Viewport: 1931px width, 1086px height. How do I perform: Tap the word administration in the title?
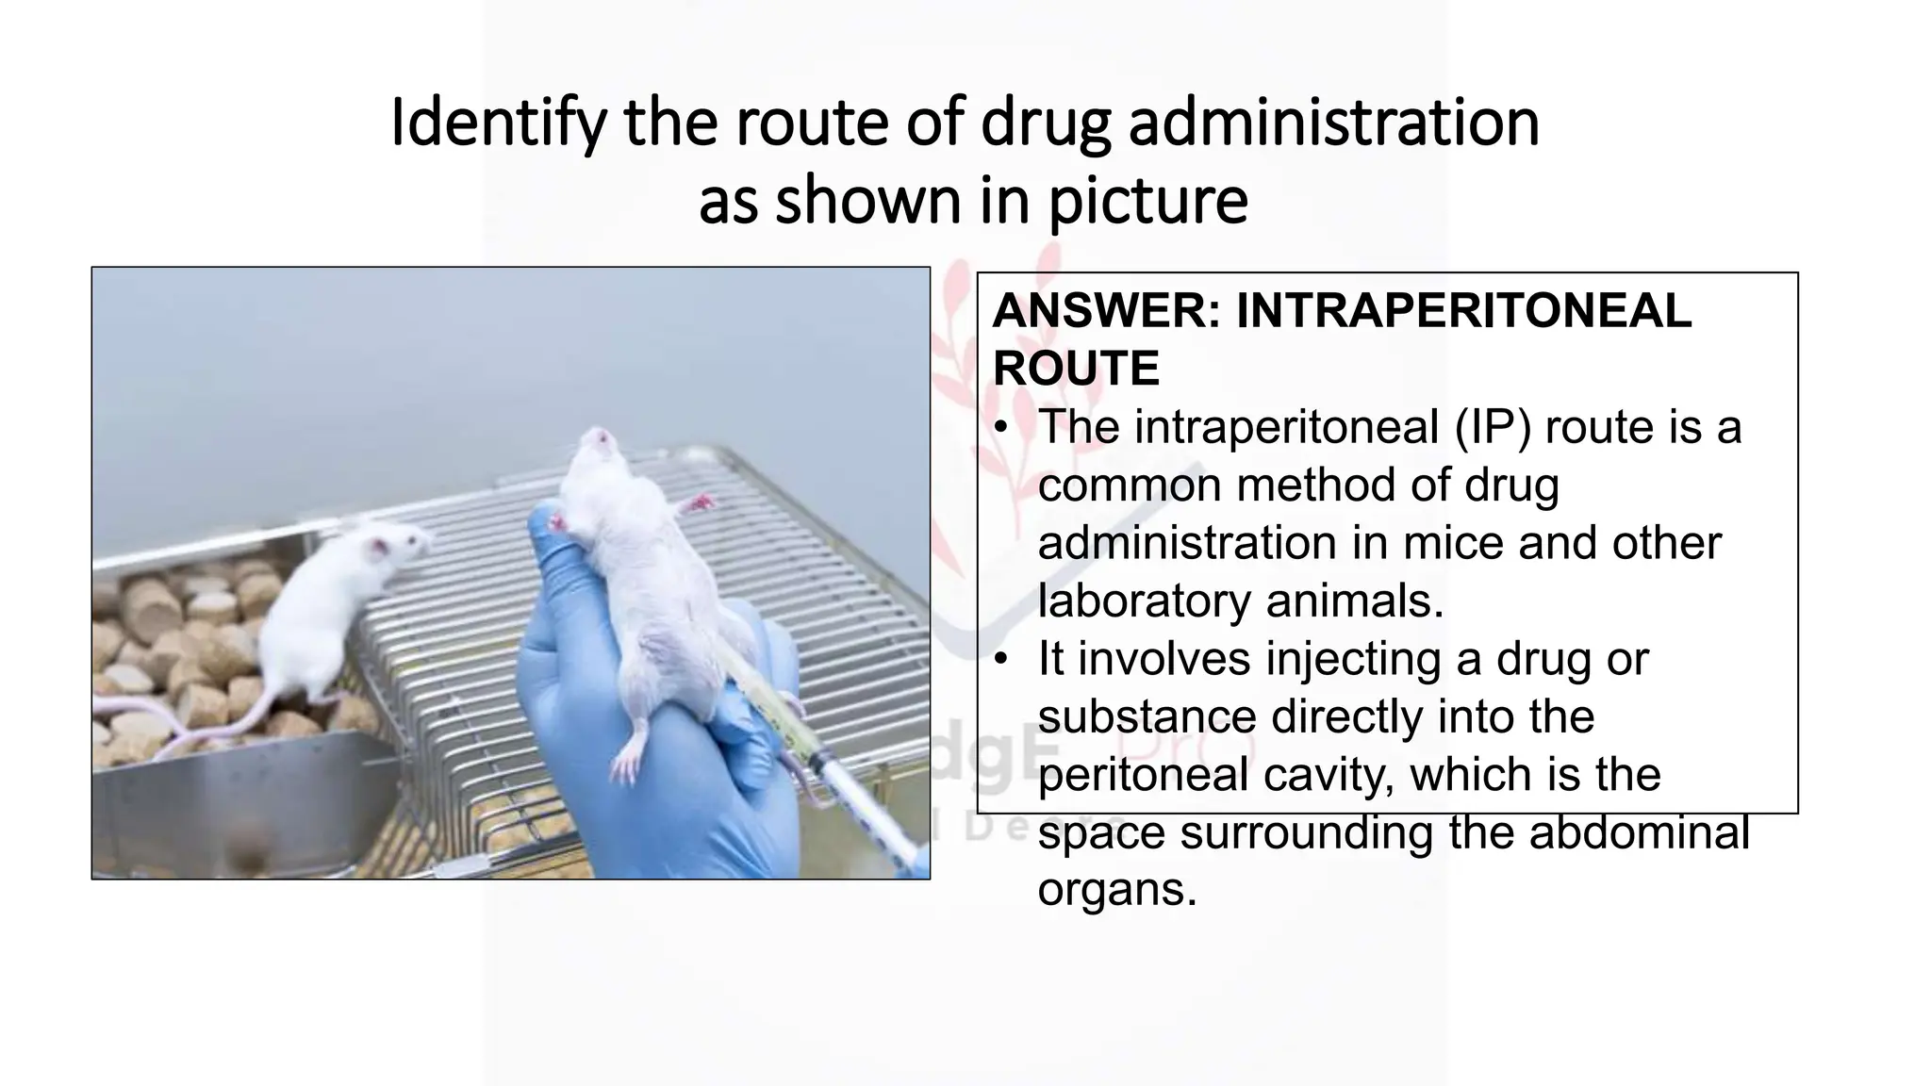pos(1333,123)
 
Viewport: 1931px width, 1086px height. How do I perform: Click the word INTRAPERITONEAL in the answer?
pos(1463,311)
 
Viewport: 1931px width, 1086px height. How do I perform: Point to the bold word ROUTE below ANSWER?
pos(1076,369)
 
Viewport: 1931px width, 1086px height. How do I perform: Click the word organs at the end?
pos(1116,889)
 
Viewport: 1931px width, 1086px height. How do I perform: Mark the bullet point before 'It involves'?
pos(1006,657)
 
